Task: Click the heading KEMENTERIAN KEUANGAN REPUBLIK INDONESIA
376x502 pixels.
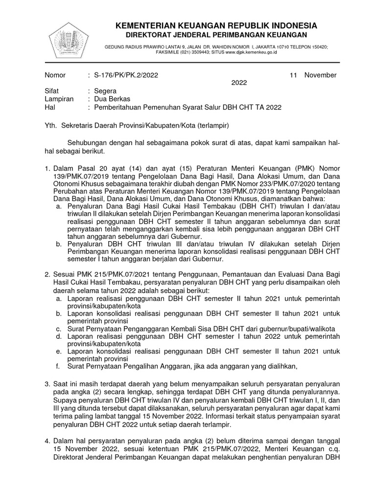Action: click(216, 25)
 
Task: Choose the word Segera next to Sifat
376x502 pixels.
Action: click(105, 91)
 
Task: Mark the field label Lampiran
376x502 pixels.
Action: click(59, 99)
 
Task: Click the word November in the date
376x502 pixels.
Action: click(320, 75)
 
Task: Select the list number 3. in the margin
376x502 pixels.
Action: click(47, 383)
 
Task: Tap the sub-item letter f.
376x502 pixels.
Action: click(57, 365)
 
